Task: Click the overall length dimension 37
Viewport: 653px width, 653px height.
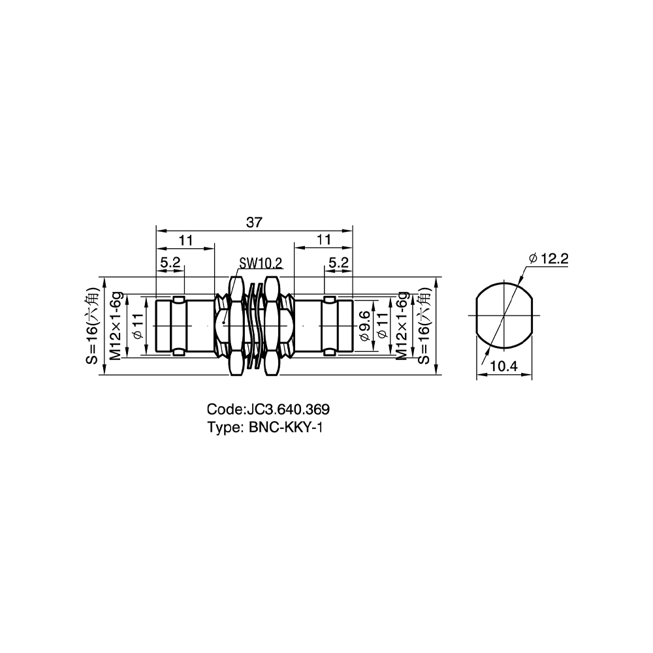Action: pos(254,223)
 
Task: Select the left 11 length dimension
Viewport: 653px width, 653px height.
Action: pos(186,240)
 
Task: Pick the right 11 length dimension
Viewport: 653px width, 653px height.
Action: pos(324,240)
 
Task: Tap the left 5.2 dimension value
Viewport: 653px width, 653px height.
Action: pos(170,263)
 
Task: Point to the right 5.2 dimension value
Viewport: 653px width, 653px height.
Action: pos(338,263)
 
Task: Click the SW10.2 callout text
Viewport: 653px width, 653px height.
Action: pos(261,263)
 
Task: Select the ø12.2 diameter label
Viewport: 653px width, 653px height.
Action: pos(549,259)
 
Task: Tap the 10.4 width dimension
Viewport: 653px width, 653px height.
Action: pos(503,366)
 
